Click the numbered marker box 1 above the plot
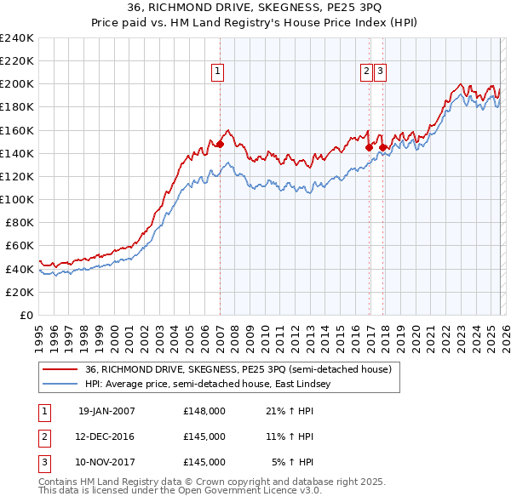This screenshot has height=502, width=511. coord(219,72)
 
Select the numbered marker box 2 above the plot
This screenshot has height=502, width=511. coord(366,72)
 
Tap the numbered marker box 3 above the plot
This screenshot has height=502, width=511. coord(379,72)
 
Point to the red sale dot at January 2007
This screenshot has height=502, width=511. coord(220,144)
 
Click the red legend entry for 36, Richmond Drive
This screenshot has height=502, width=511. coord(238,369)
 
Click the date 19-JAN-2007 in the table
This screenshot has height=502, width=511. coord(106,411)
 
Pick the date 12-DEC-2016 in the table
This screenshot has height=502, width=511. coord(106,436)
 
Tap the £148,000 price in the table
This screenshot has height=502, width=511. coord(204,411)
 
